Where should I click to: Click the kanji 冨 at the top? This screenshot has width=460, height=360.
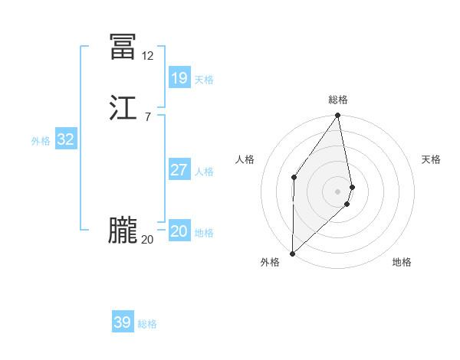[123, 47]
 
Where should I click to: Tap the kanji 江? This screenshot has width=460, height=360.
[123, 109]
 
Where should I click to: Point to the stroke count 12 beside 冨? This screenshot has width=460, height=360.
[147, 56]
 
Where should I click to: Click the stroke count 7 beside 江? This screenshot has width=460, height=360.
[147, 117]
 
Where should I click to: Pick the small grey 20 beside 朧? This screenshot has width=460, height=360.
[147, 240]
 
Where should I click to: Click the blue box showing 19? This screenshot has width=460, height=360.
[179, 77]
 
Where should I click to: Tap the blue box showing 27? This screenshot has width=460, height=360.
[179, 170]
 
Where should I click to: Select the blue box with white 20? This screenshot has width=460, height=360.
[179, 231]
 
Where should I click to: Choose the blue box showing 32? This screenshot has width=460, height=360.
[65, 139]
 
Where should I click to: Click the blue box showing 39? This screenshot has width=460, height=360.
[123, 322]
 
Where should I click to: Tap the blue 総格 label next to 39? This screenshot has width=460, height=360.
[147, 325]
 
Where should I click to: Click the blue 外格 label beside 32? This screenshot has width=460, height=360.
[41, 141]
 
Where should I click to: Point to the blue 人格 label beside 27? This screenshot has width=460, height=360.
[205, 172]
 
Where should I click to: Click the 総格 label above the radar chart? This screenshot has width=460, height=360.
[338, 100]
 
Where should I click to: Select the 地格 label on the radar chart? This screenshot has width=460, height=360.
[402, 262]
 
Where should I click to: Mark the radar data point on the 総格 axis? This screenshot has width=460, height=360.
[338, 116]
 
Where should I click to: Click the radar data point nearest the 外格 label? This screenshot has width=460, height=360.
[293, 254]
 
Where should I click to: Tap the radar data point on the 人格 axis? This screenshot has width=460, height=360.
[294, 178]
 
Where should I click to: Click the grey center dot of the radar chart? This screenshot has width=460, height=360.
[338, 191]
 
